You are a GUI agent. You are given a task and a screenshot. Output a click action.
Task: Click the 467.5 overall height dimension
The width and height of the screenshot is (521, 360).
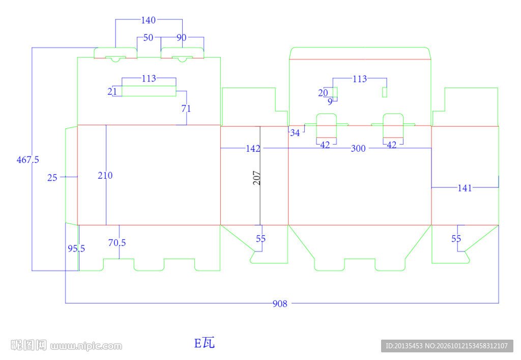coord(28,160)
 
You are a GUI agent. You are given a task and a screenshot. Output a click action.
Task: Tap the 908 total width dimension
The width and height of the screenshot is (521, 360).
coord(280,303)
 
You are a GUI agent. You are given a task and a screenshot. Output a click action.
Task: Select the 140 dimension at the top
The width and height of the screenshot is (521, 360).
coord(148,20)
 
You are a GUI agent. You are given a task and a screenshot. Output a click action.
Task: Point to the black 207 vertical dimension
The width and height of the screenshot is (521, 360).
coord(256,178)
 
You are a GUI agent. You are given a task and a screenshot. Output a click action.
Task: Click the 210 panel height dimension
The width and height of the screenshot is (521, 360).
coord(105,176)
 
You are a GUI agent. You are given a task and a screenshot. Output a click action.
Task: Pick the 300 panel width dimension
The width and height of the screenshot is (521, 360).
coord(358,149)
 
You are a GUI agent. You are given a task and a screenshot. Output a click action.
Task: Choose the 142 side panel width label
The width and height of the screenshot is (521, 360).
coord(253,149)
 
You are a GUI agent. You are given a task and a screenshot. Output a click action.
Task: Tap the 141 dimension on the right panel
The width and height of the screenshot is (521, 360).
coord(465,188)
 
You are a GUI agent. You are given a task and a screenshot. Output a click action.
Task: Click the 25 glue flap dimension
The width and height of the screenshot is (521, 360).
coord(52,178)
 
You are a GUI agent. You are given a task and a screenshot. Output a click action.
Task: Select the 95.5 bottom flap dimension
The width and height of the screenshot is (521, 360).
coord(76,248)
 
